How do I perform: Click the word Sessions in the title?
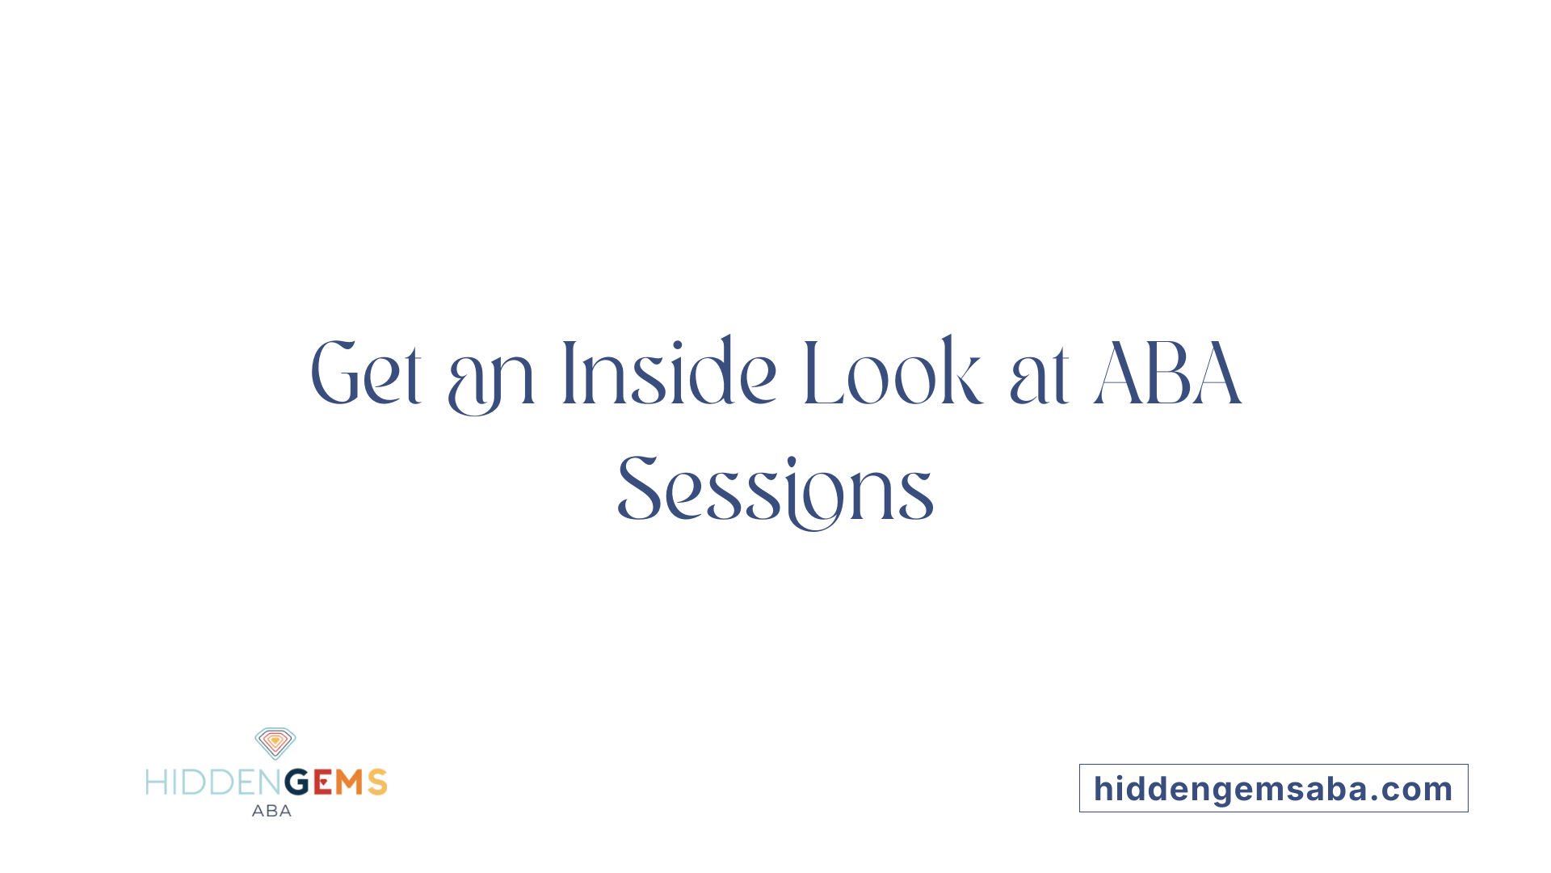pyautogui.click(x=775, y=489)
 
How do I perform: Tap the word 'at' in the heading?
pyautogui.click(x=1040, y=377)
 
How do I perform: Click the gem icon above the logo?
pyautogui.click(x=275, y=743)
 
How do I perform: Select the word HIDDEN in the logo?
pyautogui.click(x=214, y=782)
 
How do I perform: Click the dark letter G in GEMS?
pyautogui.click(x=297, y=782)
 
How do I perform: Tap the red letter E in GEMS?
pyautogui.click(x=322, y=782)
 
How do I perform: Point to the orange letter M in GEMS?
pyautogui.click(x=350, y=782)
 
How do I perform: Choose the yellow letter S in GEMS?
pyautogui.click(x=377, y=782)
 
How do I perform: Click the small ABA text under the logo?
pyautogui.click(x=271, y=811)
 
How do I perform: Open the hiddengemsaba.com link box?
pyautogui.click(x=1273, y=788)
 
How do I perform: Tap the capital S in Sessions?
pyautogui.click(x=638, y=488)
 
